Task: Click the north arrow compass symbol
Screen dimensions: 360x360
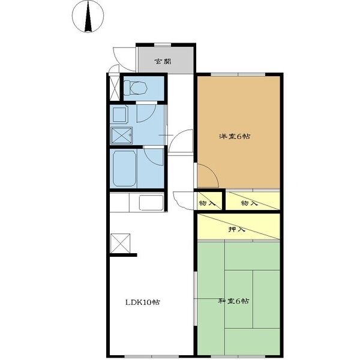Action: point(88,16)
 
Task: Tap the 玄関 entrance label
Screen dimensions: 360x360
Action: point(163,62)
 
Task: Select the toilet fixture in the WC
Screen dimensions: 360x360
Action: point(136,88)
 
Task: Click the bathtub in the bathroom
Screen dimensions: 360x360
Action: point(124,168)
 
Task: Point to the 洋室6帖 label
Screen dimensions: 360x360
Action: point(235,137)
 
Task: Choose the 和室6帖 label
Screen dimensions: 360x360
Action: point(233,301)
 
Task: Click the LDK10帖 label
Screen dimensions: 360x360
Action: point(143,302)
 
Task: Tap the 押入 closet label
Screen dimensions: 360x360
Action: point(237,229)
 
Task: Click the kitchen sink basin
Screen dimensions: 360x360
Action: point(151,203)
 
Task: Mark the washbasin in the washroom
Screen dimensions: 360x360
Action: point(119,115)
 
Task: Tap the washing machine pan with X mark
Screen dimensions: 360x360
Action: point(121,136)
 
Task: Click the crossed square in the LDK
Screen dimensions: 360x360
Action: point(121,243)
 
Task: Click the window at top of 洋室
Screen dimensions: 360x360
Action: point(238,74)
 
